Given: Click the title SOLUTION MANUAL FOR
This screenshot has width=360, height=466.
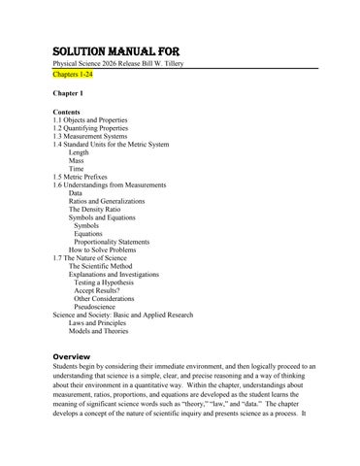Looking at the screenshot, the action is coord(115,50).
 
